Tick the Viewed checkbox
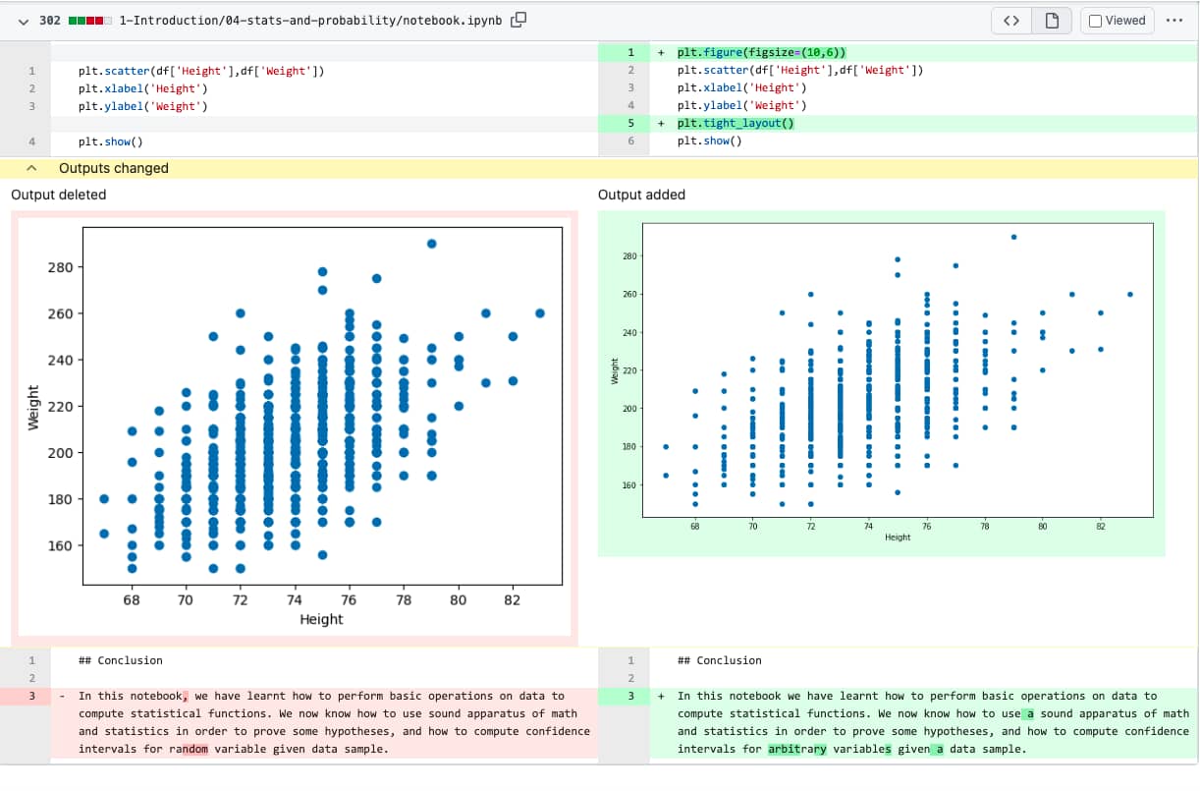[1096, 21]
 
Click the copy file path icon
[518, 20]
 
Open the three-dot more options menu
[1173, 20]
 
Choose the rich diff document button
[1052, 21]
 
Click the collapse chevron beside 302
[23, 21]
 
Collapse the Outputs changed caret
[30, 168]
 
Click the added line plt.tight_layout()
[735, 123]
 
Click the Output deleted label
[58, 195]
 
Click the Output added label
[641, 195]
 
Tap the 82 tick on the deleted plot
[512, 599]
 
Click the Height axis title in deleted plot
[321, 619]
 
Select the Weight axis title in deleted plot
[33, 406]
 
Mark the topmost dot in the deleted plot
[431, 244]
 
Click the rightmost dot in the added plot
[1130, 294]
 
